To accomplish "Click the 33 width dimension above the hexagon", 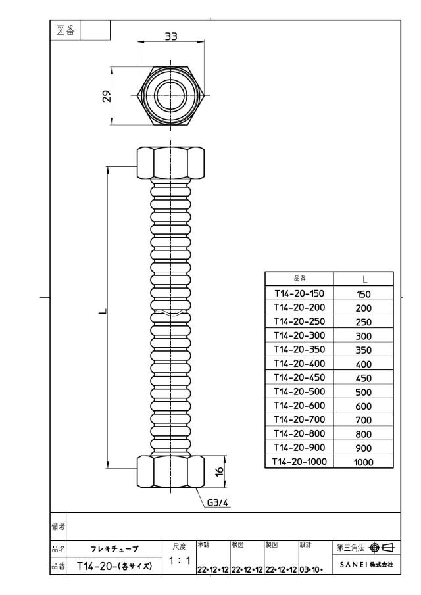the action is tap(171, 36).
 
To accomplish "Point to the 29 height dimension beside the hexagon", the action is tap(107, 96).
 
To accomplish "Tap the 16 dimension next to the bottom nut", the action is tap(220, 471).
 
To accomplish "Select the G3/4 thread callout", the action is tap(218, 503).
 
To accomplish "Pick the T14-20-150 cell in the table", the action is tap(299, 293).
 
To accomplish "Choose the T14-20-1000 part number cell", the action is tap(299, 462).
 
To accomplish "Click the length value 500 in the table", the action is tap(363, 392).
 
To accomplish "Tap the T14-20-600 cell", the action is tap(299, 406).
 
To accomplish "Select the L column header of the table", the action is tap(364, 279).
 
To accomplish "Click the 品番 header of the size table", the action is tap(299, 279).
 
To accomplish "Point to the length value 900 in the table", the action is tap(363, 448).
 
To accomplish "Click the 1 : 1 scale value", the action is tap(179, 560).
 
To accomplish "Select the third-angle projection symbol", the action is tap(382, 547).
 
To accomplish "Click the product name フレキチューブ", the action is tap(114, 549).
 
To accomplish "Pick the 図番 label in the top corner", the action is tap(66, 30).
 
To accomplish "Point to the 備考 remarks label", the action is tap(58, 527).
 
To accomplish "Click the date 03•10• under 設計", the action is tap(311, 569).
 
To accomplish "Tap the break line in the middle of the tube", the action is tap(171, 312).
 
